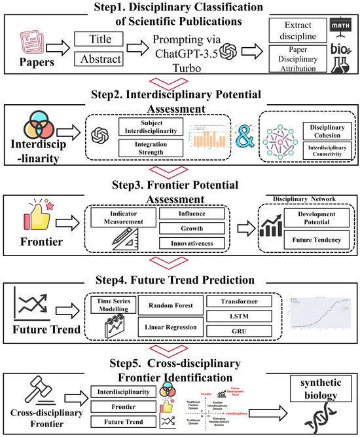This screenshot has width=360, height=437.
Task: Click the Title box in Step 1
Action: coord(103,40)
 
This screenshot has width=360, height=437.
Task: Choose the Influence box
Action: coord(192,214)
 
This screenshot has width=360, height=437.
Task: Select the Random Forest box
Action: coord(170,304)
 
